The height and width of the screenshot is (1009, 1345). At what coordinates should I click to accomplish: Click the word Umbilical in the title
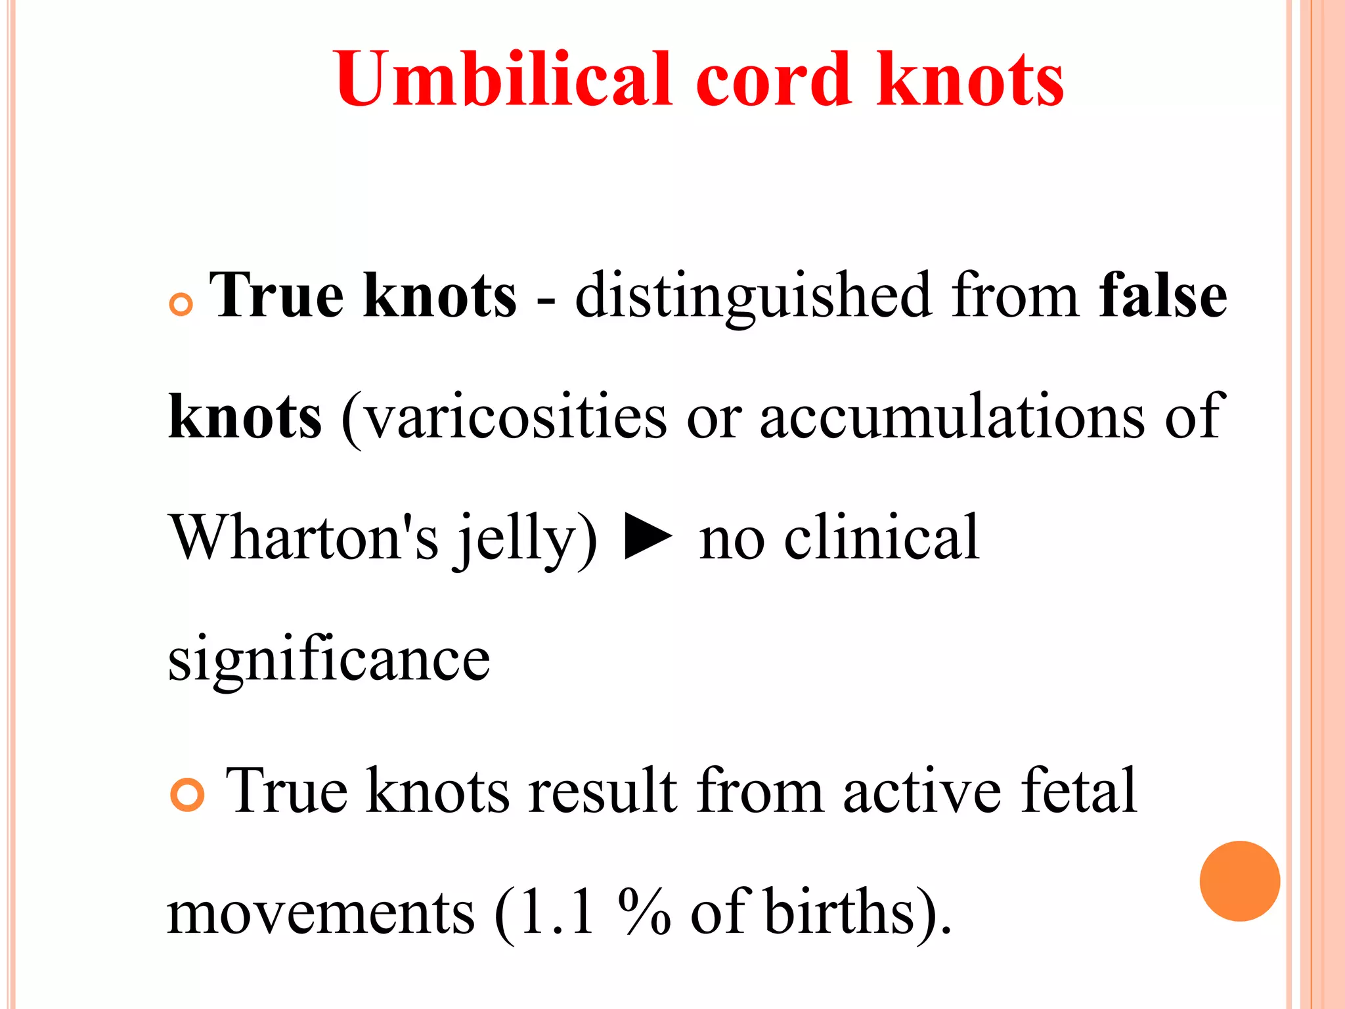tap(503, 79)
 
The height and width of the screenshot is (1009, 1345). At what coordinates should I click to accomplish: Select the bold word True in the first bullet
tap(276, 296)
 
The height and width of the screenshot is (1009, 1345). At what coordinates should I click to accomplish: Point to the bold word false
tap(1162, 296)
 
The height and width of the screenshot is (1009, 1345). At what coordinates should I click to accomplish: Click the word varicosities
tap(516, 417)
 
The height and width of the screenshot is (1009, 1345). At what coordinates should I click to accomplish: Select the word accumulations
tap(952, 417)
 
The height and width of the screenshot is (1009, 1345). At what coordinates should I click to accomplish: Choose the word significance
tap(329, 660)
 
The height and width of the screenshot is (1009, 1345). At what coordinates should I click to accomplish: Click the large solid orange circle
tap(1239, 881)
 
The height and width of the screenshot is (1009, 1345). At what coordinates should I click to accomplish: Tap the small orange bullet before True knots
tap(181, 304)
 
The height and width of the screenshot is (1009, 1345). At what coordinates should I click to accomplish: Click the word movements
tap(320, 913)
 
